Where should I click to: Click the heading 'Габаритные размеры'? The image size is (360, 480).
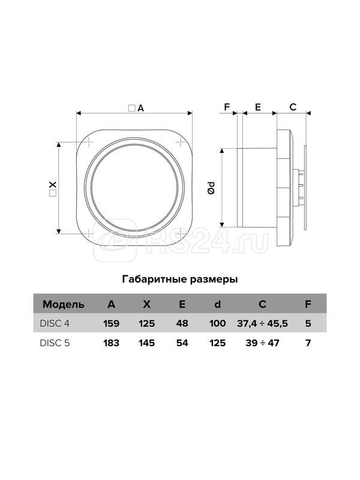click(179, 280)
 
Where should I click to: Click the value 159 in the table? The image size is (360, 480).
click(111, 323)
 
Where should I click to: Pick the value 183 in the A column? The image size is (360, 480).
click(111, 343)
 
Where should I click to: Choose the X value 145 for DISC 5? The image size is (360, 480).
click(146, 343)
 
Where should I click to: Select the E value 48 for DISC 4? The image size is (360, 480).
click(182, 323)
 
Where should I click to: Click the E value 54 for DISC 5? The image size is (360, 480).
click(182, 343)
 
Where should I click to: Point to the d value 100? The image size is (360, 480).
click(217, 323)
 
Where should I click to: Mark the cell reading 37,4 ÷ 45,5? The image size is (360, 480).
click(263, 323)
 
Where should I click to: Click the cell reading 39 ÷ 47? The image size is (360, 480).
click(263, 343)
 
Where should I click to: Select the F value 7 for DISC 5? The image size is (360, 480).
click(308, 343)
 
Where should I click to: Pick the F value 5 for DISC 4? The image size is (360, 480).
click(308, 323)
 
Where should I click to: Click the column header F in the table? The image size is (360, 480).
click(308, 304)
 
